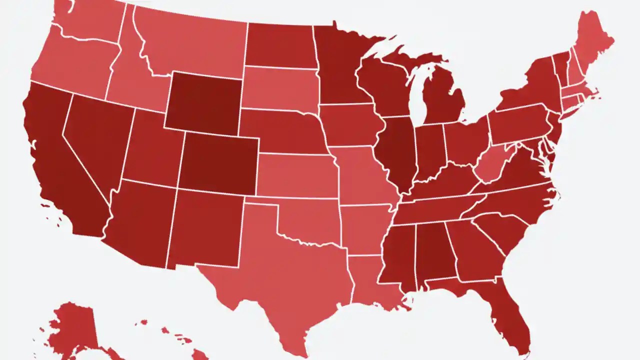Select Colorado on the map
click(218, 162)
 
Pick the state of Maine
click(592, 42)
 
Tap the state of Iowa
click(350, 125)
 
